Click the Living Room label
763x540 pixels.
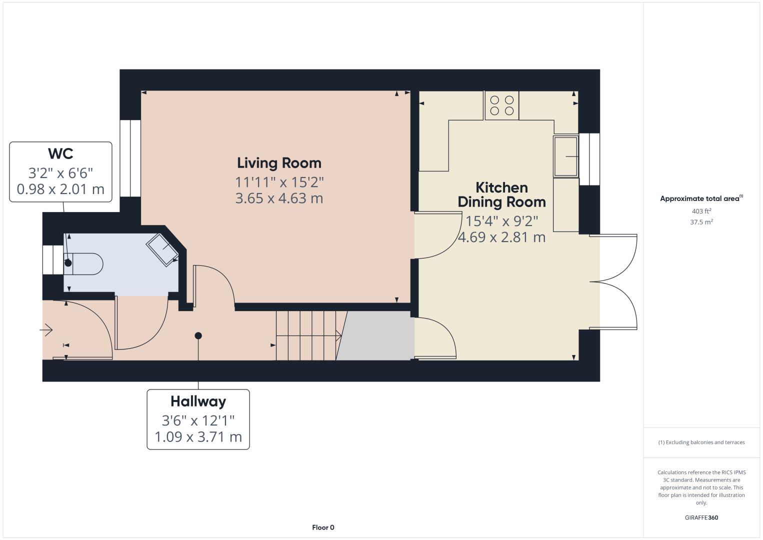click(279, 163)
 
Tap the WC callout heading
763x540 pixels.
click(60, 153)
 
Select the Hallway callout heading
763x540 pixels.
click(198, 401)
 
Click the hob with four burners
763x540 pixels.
click(501, 105)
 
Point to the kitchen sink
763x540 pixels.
click(566, 156)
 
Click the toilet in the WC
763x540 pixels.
click(83, 263)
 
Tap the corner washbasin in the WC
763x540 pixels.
click(162, 249)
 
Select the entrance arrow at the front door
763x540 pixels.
click(46, 330)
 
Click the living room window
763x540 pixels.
click(130, 158)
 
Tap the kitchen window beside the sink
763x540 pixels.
click(589, 159)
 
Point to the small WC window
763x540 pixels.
click(53, 260)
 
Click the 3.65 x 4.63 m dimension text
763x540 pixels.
click(279, 198)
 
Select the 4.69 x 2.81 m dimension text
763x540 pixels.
click(501, 237)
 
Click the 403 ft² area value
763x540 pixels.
click(701, 211)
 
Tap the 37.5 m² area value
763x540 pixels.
click(701, 222)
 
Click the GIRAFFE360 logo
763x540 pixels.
click(701, 517)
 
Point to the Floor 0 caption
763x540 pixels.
click(323, 527)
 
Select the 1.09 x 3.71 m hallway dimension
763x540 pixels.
click(198, 437)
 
